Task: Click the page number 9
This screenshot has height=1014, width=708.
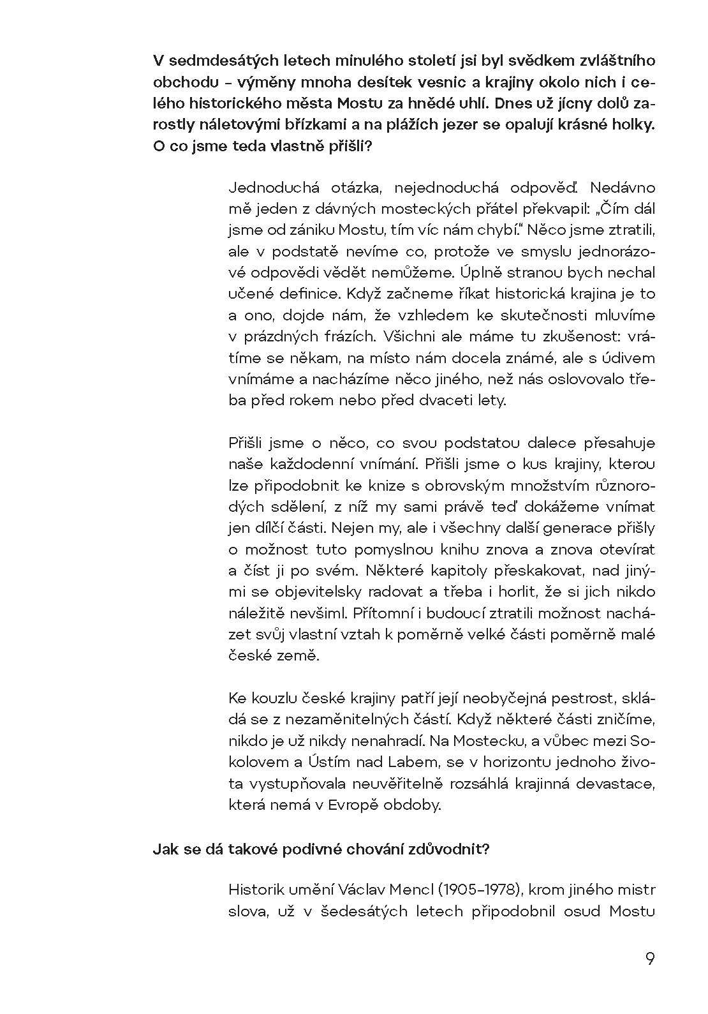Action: pos(649,959)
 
